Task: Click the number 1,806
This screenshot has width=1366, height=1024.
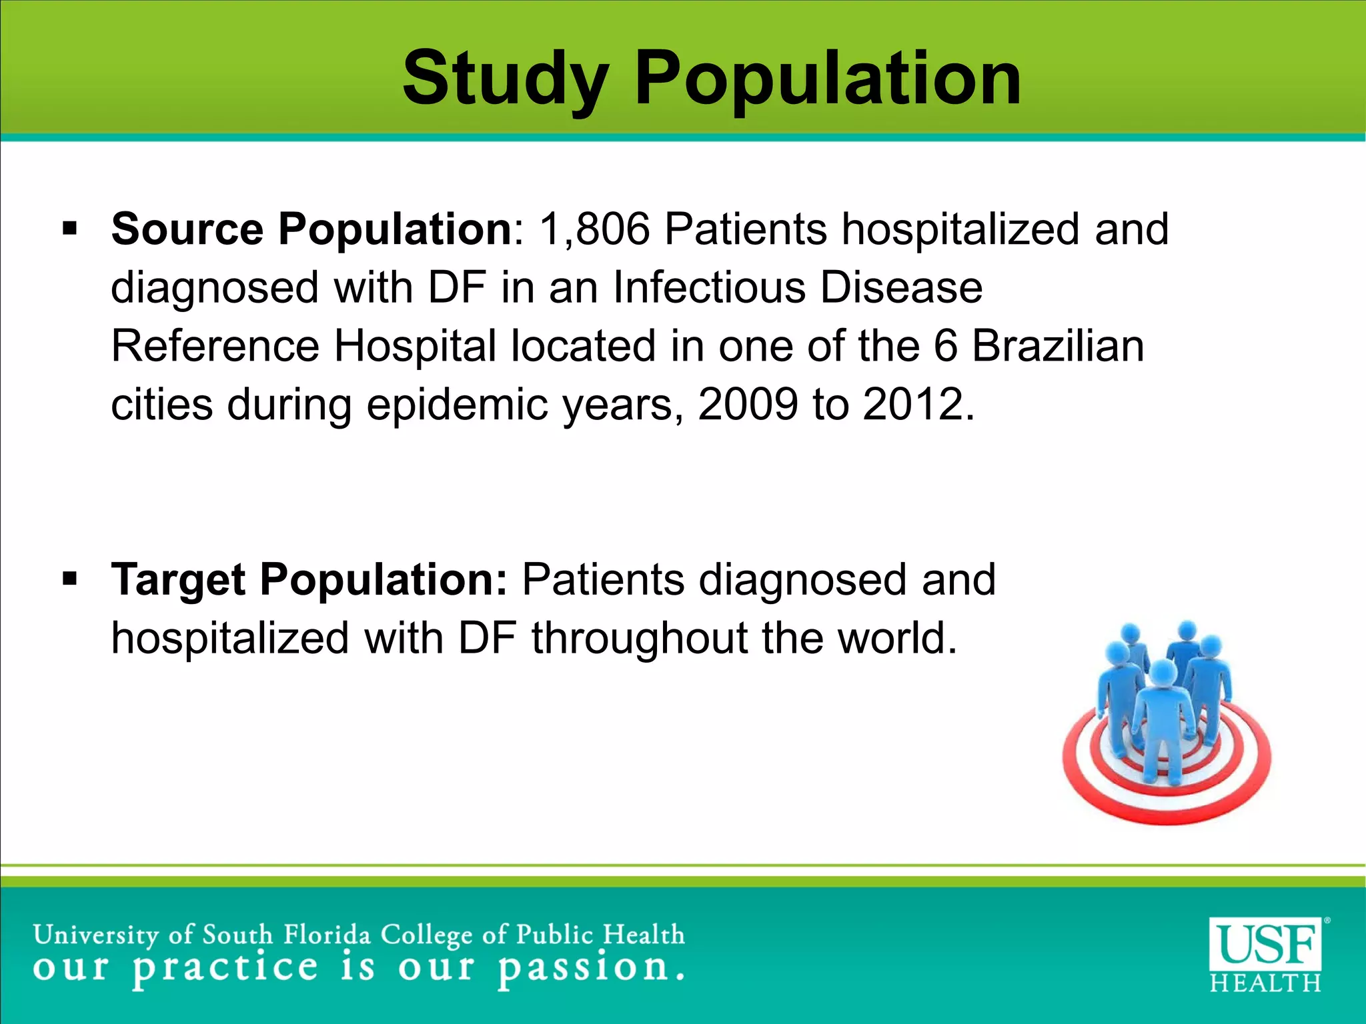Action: (594, 229)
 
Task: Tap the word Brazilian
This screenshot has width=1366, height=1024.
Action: (1058, 346)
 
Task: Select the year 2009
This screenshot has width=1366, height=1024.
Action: (748, 404)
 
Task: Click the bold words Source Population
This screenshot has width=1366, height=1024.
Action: (311, 229)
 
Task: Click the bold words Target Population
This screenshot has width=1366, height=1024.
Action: (309, 579)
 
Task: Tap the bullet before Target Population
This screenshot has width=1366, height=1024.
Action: (69, 579)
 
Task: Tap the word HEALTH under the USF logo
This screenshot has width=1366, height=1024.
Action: (1265, 983)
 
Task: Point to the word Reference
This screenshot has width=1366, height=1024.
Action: (215, 346)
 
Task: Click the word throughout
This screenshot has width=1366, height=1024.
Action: (639, 638)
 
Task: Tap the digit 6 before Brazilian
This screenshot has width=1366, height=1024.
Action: (945, 346)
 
